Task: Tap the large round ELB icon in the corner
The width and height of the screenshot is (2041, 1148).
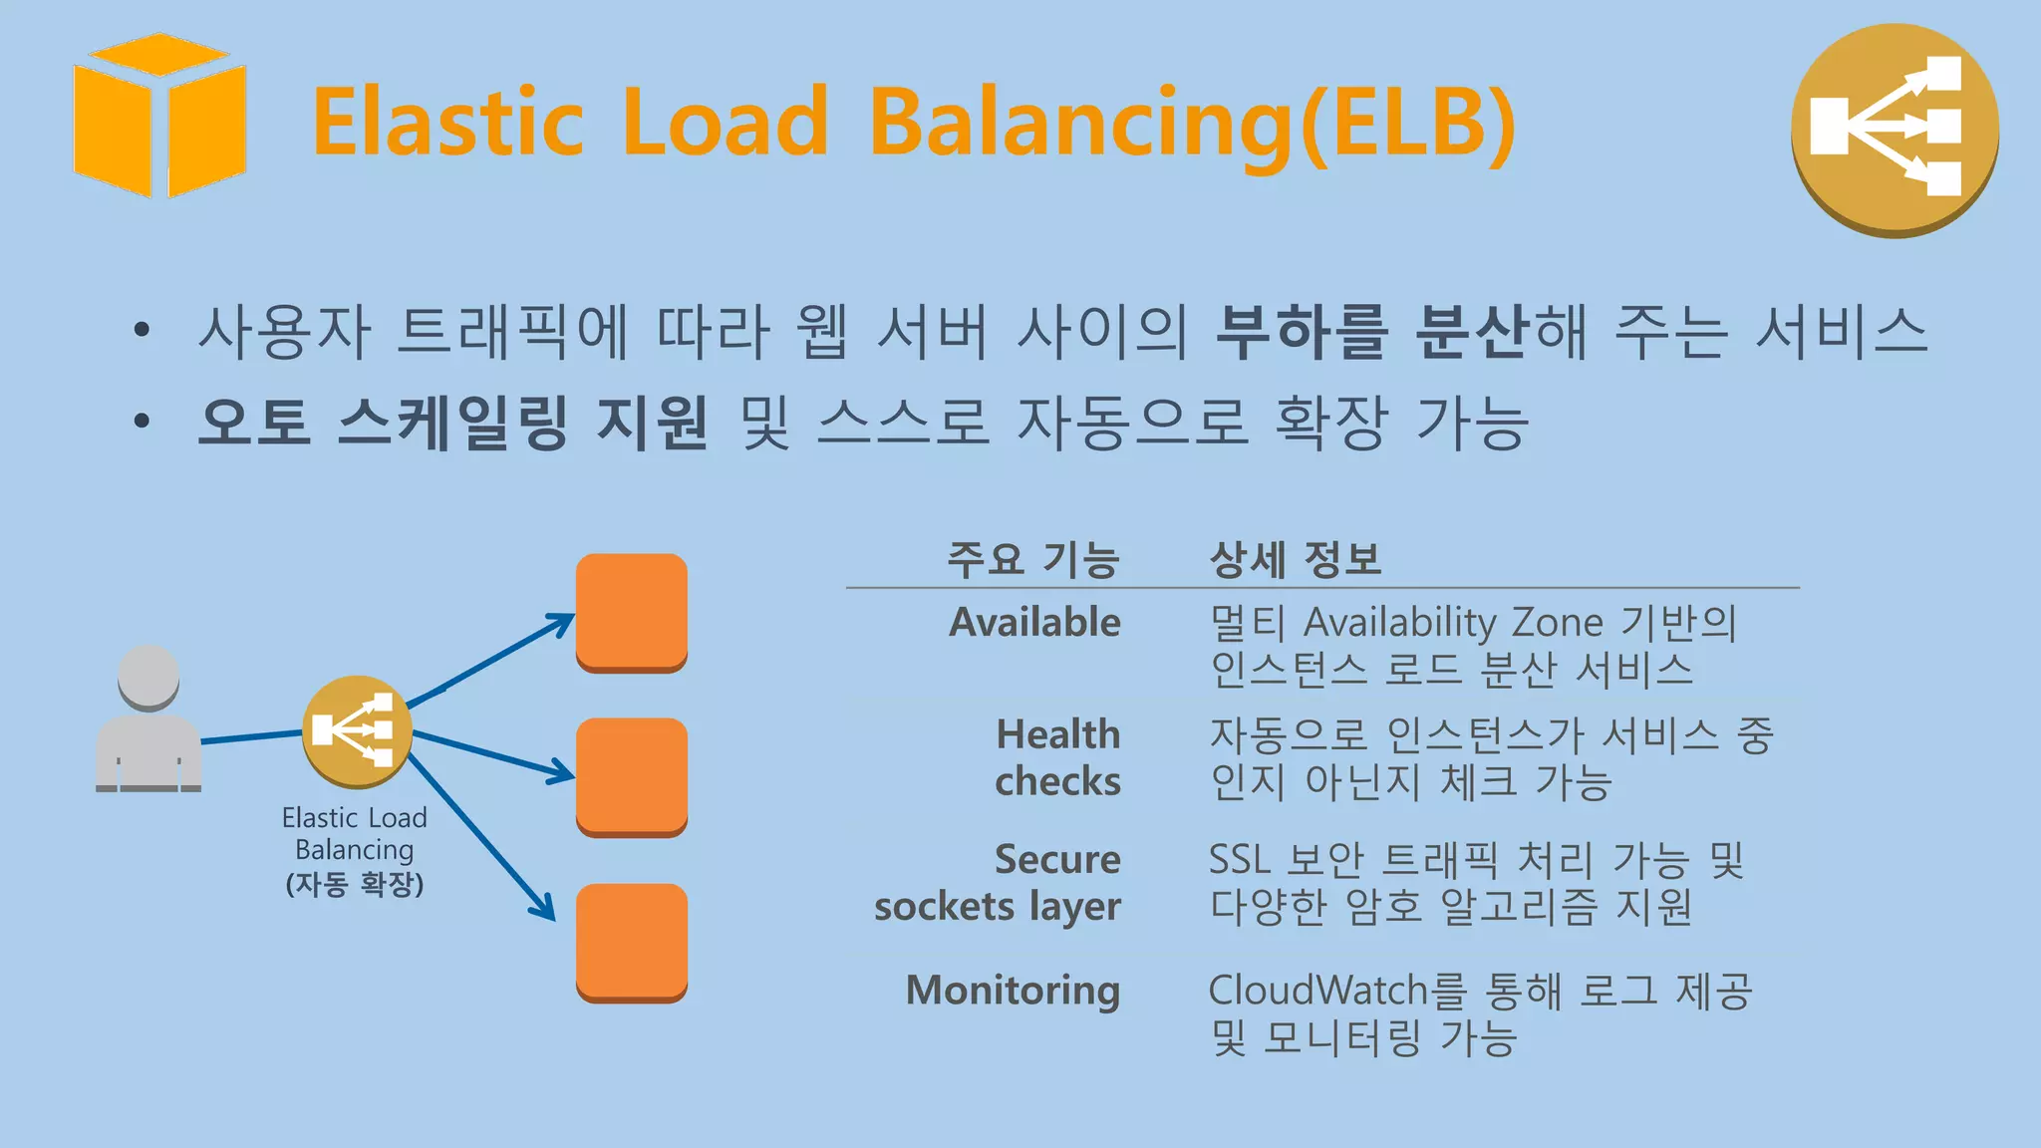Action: [x=1895, y=130]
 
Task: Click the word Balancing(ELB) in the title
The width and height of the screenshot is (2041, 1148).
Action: [x=1192, y=122]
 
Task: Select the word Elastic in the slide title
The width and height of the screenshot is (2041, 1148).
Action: [x=447, y=122]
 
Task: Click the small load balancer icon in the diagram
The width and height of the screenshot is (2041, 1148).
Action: [x=357, y=730]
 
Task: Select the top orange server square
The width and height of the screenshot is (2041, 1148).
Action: [x=632, y=612]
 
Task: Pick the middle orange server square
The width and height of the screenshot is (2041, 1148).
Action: [x=632, y=776]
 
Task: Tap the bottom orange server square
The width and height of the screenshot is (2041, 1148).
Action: [x=632, y=942]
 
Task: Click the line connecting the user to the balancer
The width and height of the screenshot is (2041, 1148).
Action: [x=252, y=736]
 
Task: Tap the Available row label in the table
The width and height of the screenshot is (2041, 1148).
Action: [x=1034, y=622]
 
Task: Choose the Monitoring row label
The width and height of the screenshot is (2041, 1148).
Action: [x=1013, y=990]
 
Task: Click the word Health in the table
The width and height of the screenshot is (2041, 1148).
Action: [x=1058, y=734]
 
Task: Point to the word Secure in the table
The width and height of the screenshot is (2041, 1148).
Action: [x=1057, y=859]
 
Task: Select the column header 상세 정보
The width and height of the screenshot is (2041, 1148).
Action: [x=1295, y=558]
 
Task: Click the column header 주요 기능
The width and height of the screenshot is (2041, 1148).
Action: [x=1033, y=558]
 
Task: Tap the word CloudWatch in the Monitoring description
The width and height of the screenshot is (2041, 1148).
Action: [x=1318, y=990]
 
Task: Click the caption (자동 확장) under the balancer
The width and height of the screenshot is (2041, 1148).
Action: [x=355, y=884]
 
